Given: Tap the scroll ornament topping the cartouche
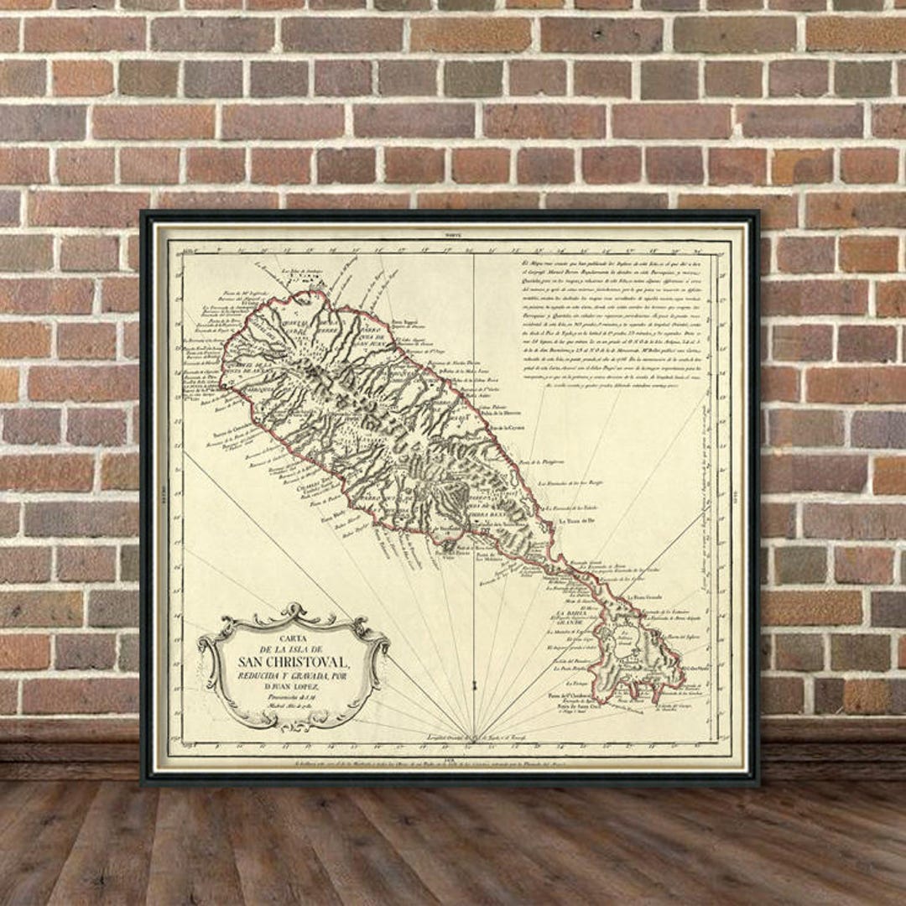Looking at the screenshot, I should [293, 612].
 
